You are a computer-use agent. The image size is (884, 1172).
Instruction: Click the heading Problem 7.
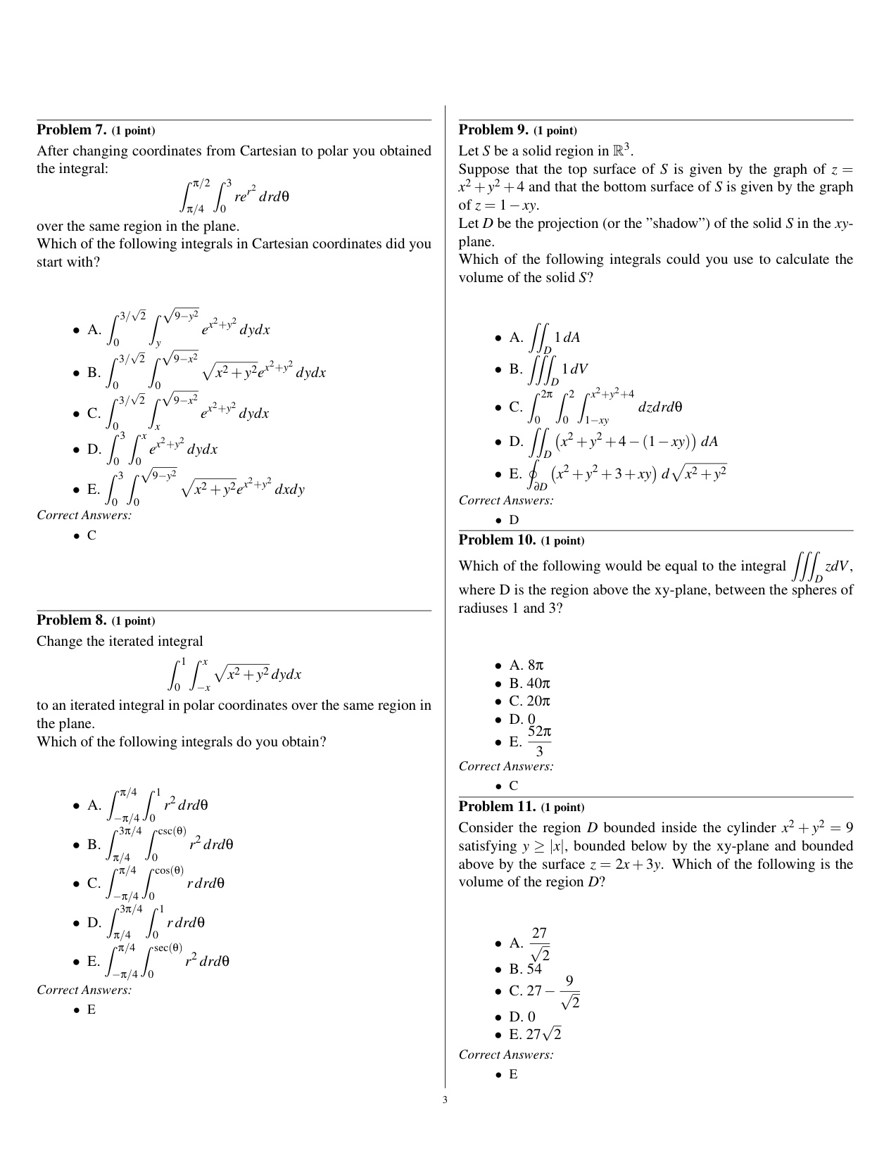pyautogui.click(x=71, y=130)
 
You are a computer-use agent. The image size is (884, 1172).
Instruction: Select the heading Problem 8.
pyautogui.click(x=71, y=620)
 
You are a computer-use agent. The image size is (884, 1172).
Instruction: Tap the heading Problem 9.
pyautogui.click(x=493, y=130)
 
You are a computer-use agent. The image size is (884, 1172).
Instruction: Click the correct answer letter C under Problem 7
pyautogui.click(x=91, y=535)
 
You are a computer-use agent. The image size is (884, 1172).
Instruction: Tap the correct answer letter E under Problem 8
pyautogui.click(x=91, y=1009)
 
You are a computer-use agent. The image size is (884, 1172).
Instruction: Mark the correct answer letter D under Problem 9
pyautogui.click(x=514, y=520)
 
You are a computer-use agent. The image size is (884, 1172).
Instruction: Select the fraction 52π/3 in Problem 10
pyautogui.click(x=539, y=742)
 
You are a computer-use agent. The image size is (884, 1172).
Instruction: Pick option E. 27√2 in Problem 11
pyautogui.click(x=536, y=1035)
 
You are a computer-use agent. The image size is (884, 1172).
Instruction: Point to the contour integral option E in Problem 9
pyautogui.click(x=619, y=474)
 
